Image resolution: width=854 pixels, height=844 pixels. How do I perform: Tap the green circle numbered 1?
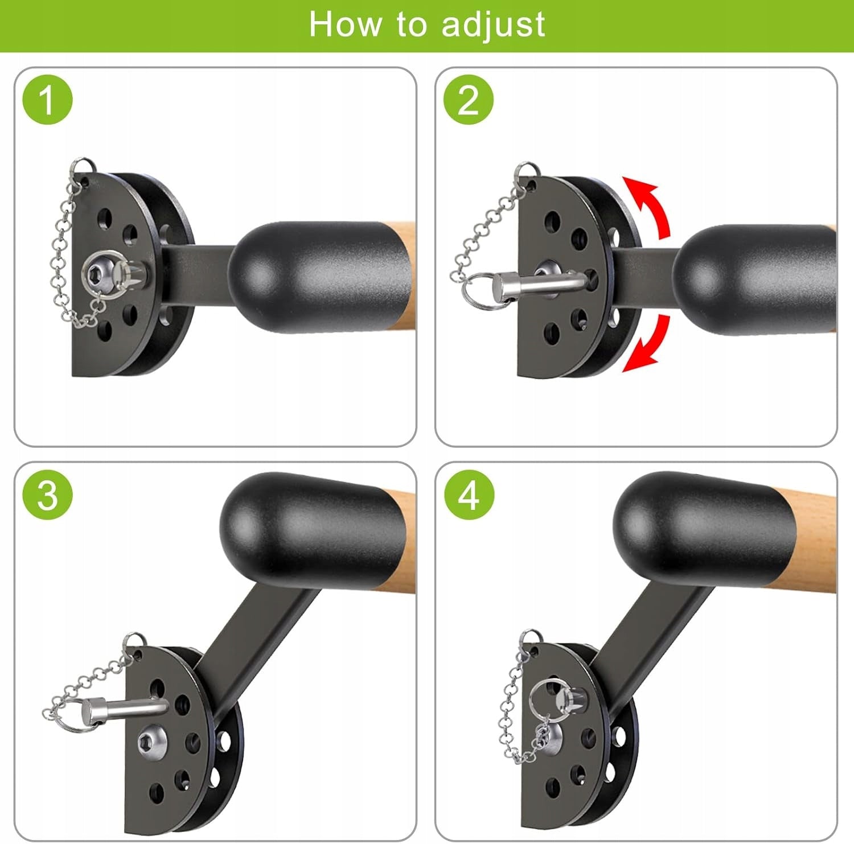(x=47, y=100)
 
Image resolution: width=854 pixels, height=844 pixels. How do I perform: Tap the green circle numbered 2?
(x=468, y=100)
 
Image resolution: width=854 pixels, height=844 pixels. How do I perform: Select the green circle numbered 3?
(x=47, y=494)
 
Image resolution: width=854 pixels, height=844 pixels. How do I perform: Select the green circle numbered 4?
(x=469, y=494)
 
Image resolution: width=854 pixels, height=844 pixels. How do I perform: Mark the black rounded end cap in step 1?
(x=319, y=277)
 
